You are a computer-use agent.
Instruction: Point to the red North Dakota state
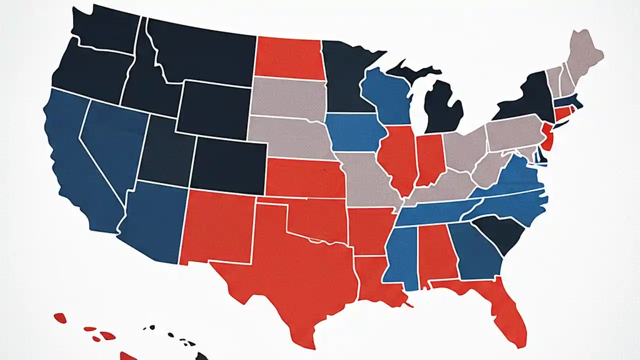pos(287,57)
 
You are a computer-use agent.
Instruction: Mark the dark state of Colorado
pos(227,165)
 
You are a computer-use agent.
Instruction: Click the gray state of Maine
pos(585,55)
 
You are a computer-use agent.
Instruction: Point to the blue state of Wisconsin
pos(385,95)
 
